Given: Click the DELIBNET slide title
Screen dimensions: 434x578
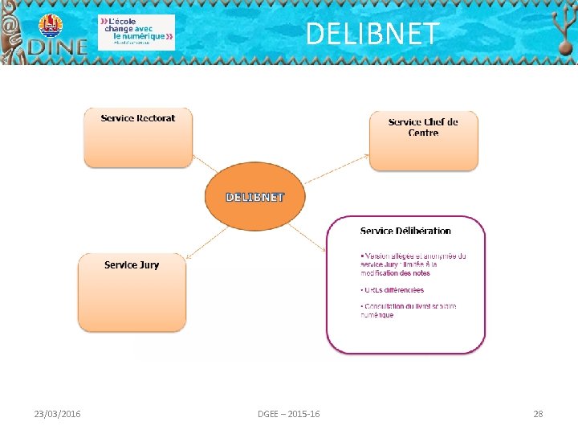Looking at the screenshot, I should click(x=372, y=34).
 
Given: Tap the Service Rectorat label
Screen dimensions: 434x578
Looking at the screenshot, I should click(x=138, y=118).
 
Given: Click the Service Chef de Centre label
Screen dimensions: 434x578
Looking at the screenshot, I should click(x=423, y=127).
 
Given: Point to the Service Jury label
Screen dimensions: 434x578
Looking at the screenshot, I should click(x=132, y=264).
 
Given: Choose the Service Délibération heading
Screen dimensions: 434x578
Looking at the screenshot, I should click(x=405, y=231).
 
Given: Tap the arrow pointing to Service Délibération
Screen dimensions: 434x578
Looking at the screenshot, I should click(x=306, y=237).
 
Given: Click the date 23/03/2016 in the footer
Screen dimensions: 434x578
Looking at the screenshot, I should click(x=57, y=414).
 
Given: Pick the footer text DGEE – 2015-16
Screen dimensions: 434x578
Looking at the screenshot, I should click(x=288, y=414).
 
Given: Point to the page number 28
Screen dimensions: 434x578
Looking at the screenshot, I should click(x=538, y=414).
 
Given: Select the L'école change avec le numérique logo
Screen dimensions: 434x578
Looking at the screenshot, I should click(x=136, y=32).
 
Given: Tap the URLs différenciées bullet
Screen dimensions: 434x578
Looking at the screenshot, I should click(x=393, y=290).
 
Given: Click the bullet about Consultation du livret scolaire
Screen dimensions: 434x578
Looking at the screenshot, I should click(x=408, y=310).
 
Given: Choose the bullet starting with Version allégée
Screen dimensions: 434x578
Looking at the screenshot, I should click(x=413, y=264).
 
